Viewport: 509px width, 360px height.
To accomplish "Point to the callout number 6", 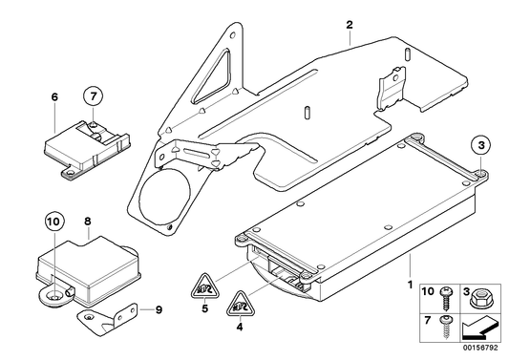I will pyautogui.click(x=54, y=96).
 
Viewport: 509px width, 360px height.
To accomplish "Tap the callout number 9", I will pyautogui.click(x=159, y=308).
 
